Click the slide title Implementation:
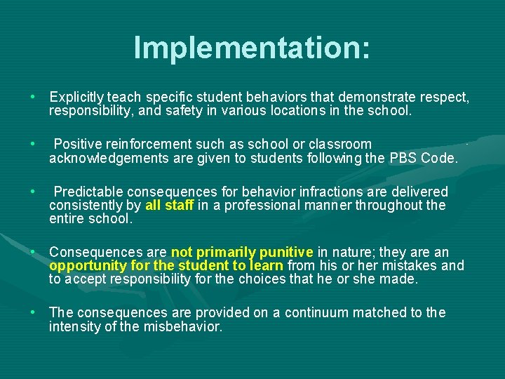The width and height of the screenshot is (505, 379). point(252,48)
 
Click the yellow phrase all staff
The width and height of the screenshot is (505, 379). point(169,205)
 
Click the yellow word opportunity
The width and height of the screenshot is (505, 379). point(84,266)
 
